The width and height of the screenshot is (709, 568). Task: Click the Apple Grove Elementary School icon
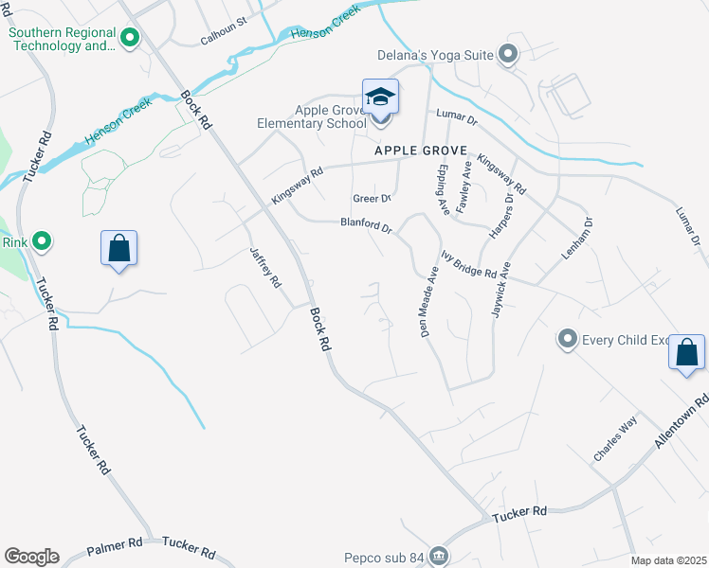[380, 98]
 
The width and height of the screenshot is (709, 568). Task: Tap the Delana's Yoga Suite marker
[508, 55]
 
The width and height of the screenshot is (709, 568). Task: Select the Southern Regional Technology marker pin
[130, 38]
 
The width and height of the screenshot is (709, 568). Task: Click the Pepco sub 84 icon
[438, 555]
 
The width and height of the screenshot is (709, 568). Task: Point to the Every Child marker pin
[568, 338]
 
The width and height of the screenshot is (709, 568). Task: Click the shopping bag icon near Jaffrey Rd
[119, 250]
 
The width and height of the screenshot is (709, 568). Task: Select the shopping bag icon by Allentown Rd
[687, 353]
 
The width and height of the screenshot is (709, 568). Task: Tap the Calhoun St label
[224, 38]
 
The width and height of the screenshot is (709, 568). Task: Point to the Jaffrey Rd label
[265, 268]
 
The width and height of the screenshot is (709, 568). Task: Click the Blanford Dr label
[367, 226]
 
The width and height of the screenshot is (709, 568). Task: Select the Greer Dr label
[372, 199]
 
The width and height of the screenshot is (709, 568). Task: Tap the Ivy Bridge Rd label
[469, 264]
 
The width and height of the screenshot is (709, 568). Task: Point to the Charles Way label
[614, 439]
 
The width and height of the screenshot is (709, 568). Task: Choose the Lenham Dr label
[581, 236]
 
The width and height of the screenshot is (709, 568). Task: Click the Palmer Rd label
[114, 547]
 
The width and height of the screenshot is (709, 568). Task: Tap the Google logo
[31, 557]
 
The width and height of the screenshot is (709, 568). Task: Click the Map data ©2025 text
[668, 560]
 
